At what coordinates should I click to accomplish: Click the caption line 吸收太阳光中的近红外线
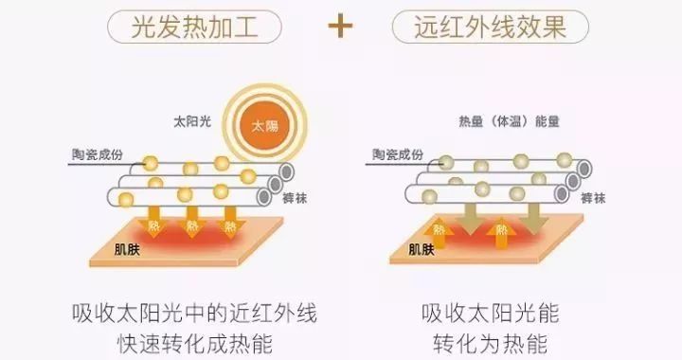point(193,312)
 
